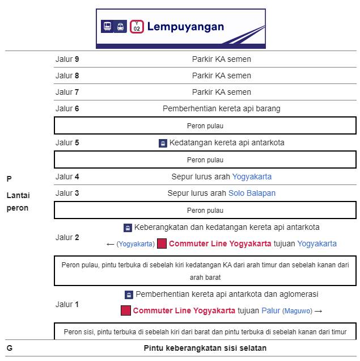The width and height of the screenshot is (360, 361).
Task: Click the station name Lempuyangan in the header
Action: tap(185, 27)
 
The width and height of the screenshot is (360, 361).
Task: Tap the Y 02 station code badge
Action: tap(137, 27)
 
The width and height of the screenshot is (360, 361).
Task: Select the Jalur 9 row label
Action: tap(67, 59)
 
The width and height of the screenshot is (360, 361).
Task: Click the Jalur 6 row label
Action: tap(67, 108)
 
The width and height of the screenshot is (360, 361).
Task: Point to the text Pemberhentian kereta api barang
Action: tap(221, 108)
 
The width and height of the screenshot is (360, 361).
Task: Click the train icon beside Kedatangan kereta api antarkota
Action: tap(163, 144)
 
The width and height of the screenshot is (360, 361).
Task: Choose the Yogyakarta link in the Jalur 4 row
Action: tap(252, 177)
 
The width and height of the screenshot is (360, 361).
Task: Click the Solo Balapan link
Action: tap(252, 193)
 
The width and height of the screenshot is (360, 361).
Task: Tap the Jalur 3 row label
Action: tap(67, 193)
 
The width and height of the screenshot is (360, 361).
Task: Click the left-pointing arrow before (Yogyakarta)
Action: tap(111, 244)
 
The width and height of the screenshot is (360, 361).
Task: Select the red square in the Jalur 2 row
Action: tap(162, 244)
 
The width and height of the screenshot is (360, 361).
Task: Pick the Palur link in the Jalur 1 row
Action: tap(270, 310)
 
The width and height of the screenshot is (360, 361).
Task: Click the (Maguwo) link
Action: tap(297, 311)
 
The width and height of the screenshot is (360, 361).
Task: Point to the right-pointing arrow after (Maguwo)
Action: tap(318, 311)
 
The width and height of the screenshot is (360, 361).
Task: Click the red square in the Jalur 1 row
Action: tap(126, 310)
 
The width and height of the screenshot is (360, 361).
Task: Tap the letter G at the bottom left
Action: tap(10, 348)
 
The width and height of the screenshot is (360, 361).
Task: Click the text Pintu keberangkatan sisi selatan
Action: tap(205, 348)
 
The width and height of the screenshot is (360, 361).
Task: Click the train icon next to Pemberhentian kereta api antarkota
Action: tap(129, 295)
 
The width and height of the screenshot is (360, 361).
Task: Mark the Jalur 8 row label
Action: tap(67, 75)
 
